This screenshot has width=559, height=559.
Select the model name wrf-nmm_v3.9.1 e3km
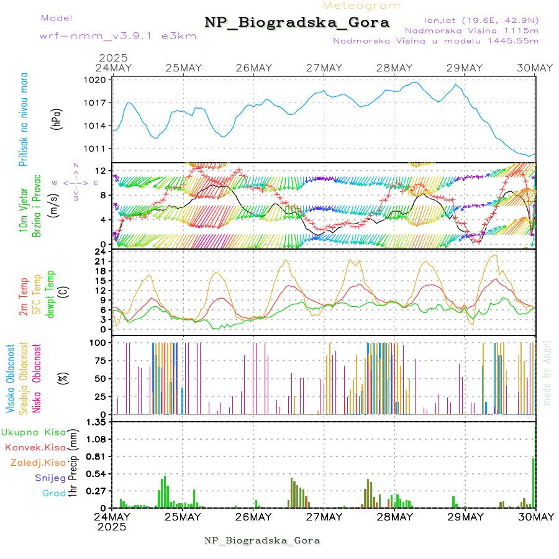tap(117, 36)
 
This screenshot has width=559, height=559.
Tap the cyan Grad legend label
tap(53, 493)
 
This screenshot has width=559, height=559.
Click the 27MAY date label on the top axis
tap(324, 68)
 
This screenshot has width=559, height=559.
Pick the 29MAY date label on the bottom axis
tap(465, 517)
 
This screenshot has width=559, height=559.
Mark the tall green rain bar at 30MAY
tap(533, 483)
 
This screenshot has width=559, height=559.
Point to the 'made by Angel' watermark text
tap(547, 373)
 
